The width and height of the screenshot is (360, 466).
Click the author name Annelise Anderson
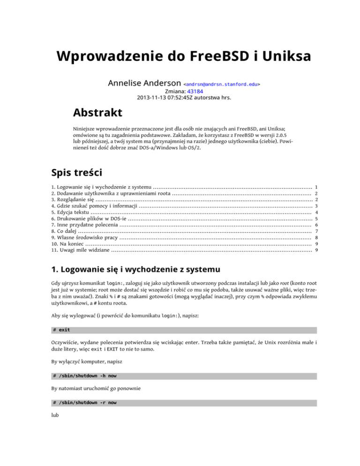(144, 83)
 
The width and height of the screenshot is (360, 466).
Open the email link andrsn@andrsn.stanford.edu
(222, 84)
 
